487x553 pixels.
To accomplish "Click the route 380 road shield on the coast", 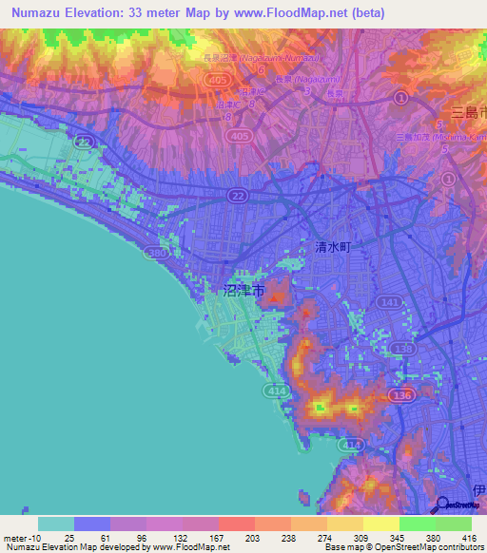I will click(156, 254).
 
